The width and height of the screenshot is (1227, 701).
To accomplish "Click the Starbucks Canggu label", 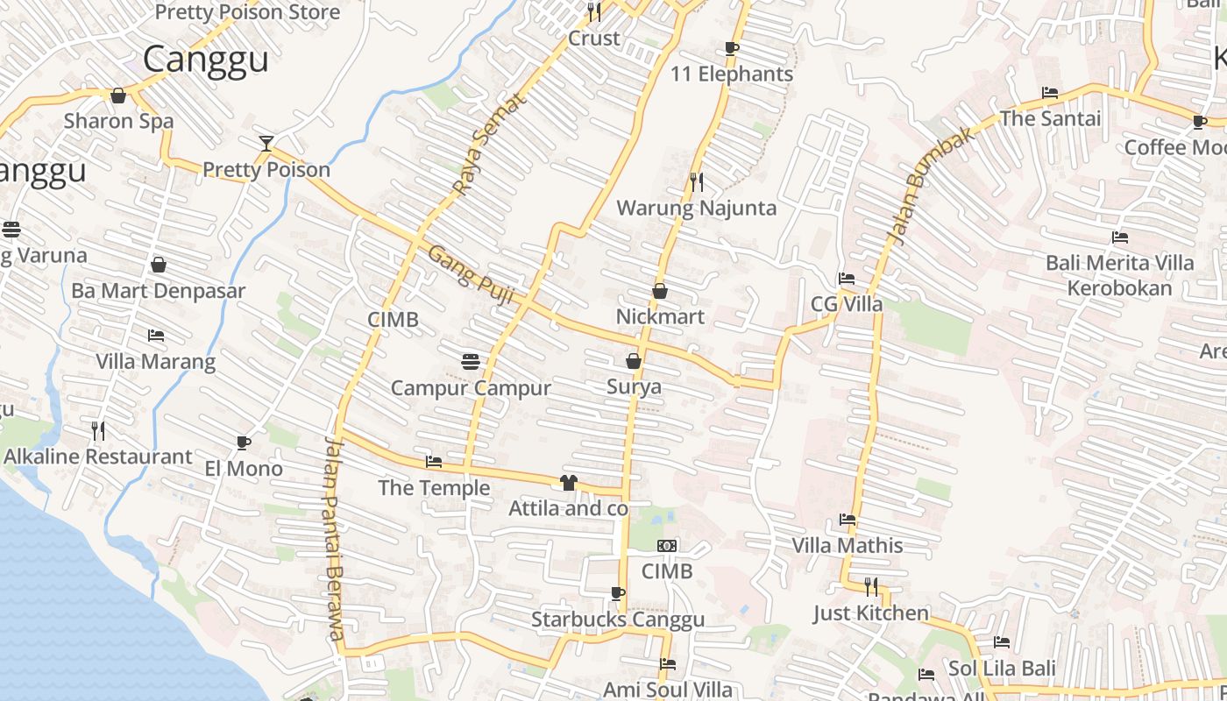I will tap(618, 620).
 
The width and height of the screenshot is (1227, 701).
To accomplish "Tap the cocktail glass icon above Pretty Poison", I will tap(266, 143).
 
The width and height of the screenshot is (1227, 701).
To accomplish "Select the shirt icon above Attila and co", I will tap(569, 482).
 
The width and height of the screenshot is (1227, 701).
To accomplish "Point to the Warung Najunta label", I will tap(697, 208).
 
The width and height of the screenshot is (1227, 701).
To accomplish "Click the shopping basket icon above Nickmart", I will tap(660, 291).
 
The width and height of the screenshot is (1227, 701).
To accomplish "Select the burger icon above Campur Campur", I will tap(471, 361).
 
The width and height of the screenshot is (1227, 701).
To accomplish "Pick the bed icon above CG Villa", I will tap(847, 279).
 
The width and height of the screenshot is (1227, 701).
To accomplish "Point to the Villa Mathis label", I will tap(847, 545).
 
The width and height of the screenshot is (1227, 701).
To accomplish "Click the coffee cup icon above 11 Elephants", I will tap(732, 48).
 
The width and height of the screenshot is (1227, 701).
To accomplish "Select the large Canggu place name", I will tap(205, 60).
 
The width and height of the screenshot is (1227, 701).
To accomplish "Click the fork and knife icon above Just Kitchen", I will tap(871, 586).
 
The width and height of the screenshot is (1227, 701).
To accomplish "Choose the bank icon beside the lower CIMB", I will tap(667, 546).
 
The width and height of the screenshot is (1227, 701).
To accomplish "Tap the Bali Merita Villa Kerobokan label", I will tap(1119, 275).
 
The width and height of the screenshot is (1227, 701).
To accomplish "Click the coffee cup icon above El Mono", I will tap(244, 443).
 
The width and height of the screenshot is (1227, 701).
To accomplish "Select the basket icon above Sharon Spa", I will tap(118, 96).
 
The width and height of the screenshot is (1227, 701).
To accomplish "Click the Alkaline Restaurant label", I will tap(97, 457).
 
